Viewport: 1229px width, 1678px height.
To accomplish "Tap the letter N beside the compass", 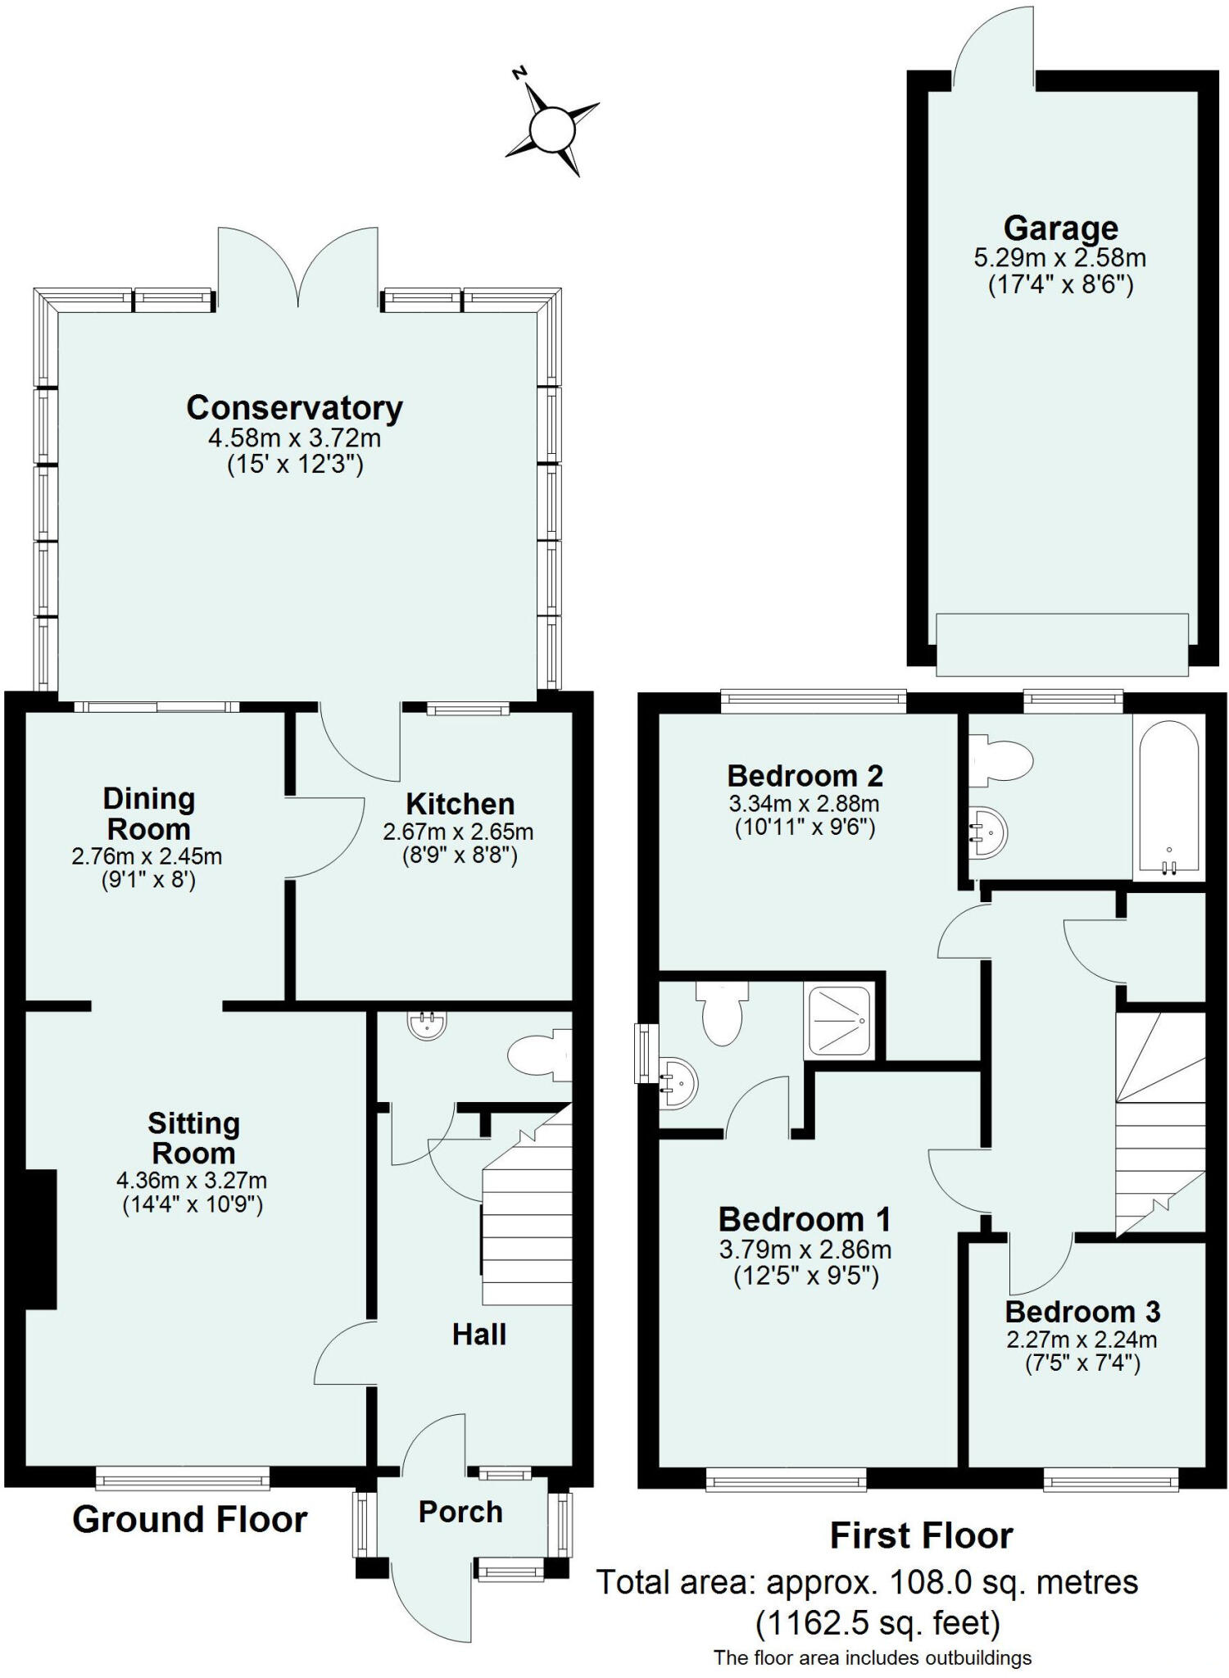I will pyautogui.click(x=518, y=73).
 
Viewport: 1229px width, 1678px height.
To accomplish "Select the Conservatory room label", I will pyautogui.click(x=294, y=407).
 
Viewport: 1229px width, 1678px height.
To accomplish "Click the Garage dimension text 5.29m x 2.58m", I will pyautogui.click(x=1059, y=258).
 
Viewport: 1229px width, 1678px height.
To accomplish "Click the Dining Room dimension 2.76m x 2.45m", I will pyautogui.click(x=147, y=857).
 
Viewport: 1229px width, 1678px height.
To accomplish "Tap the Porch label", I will pyautogui.click(x=460, y=1512).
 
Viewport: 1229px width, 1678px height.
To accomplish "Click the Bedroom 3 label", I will pyautogui.click(x=1082, y=1312).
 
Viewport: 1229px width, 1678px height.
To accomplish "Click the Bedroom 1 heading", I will pyautogui.click(x=804, y=1220).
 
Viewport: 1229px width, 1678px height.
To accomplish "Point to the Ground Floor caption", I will pyautogui.click(x=189, y=1520).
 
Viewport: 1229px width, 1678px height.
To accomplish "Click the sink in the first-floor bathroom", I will pyautogui.click(x=989, y=833).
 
